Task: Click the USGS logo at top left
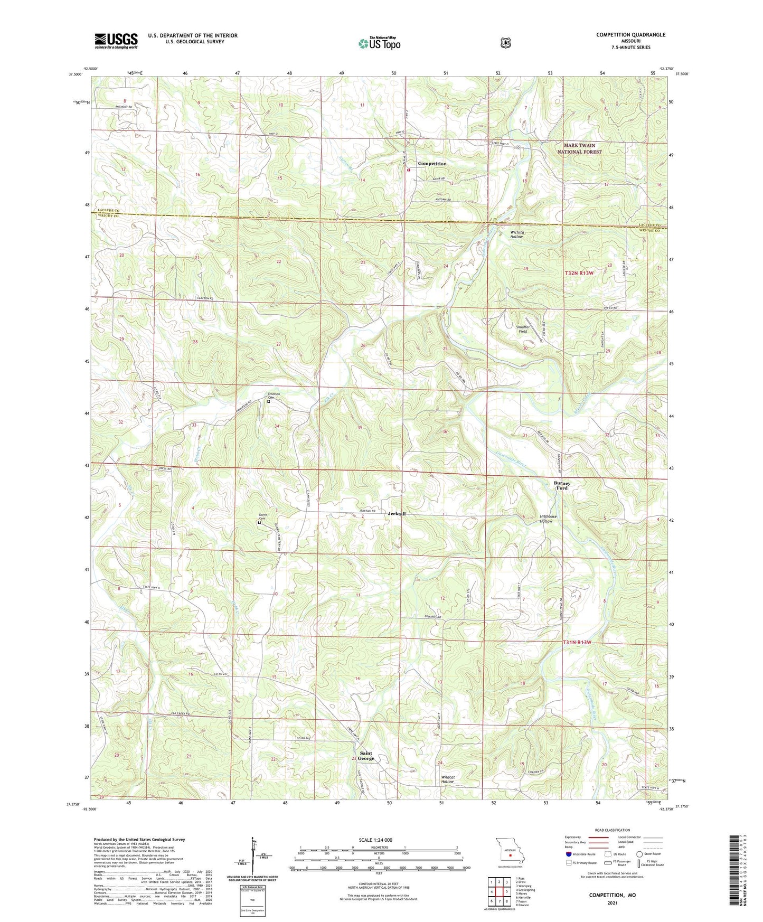pos(116,41)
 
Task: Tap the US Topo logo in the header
pos(379,43)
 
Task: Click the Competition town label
pos(432,164)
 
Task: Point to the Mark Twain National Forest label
pos(579,148)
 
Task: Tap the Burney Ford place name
pos(562,485)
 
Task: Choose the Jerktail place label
pos(397,513)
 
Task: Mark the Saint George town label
pos(366,756)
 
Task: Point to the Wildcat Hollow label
pos(447,779)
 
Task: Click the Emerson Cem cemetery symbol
pos(269,402)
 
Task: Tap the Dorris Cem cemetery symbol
pos(259,523)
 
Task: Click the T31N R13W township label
pos(577,642)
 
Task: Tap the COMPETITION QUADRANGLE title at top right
pos(630,35)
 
